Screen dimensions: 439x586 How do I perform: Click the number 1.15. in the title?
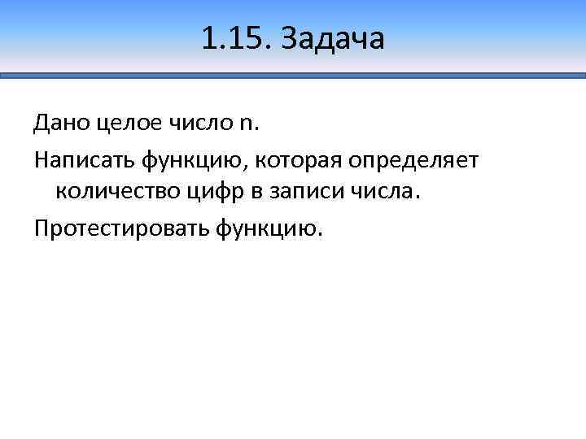(x=235, y=38)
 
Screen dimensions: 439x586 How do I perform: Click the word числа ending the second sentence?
(x=381, y=193)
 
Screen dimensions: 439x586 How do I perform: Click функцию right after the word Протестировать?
(x=268, y=229)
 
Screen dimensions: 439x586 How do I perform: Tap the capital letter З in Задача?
(x=291, y=38)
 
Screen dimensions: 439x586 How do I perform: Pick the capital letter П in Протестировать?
(x=42, y=228)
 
